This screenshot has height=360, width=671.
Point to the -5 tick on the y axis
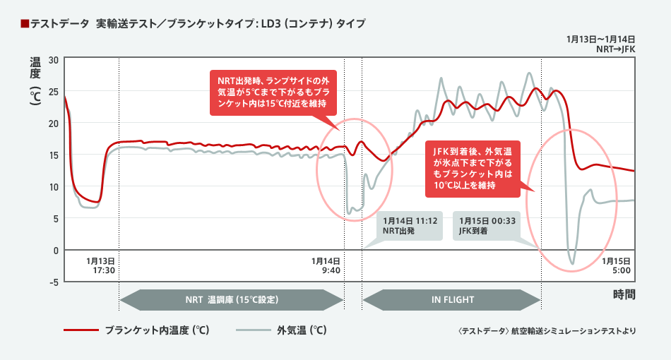point(52,282)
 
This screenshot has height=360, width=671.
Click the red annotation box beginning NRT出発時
point(273,92)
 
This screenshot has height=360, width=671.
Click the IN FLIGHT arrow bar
point(452,299)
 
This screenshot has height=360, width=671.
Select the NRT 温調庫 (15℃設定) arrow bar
point(232,299)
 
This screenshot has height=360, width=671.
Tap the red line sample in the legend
point(80,330)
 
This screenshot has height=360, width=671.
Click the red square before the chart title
point(25,24)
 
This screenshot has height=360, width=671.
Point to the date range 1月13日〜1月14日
point(601,39)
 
